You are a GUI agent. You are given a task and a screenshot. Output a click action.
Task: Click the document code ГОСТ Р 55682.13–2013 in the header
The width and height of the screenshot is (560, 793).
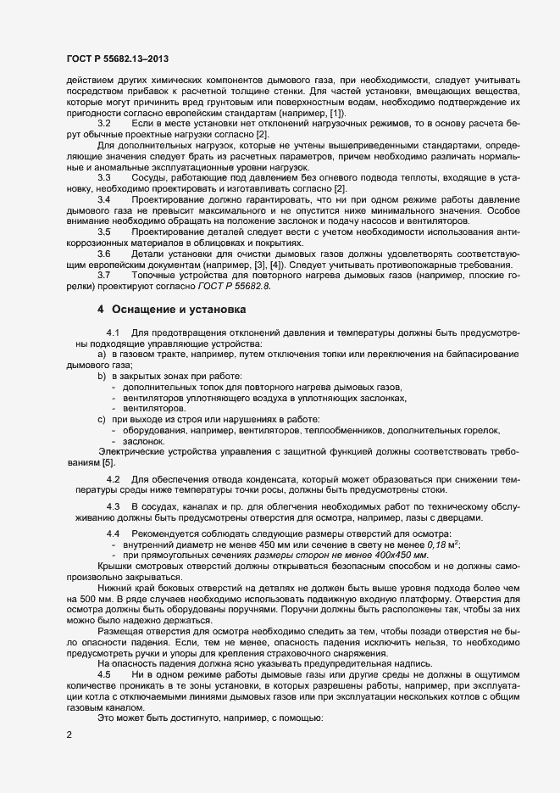click(x=122, y=59)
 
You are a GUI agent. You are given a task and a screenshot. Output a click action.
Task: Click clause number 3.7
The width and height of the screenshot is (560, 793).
click(x=105, y=275)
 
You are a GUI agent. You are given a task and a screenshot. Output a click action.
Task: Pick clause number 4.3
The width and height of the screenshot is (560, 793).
click(x=114, y=507)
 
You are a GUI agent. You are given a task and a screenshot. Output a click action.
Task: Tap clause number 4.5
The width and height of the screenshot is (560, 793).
click(x=105, y=650)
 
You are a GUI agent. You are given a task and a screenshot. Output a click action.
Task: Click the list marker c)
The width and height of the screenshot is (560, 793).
click(x=102, y=419)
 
